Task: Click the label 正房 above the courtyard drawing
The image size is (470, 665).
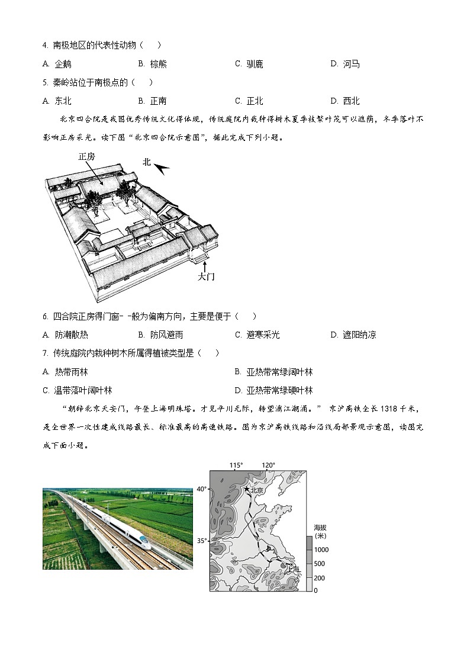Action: coord(86,157)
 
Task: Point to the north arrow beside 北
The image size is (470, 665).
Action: coord(162,169)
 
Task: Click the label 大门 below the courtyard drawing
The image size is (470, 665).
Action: coord(206,277)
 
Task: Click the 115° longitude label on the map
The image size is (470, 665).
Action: coord(236,465)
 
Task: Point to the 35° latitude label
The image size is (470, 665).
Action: coord(201,541)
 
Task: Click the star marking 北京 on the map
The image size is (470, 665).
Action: coord(246,489)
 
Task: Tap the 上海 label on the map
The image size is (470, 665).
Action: coord(292,570)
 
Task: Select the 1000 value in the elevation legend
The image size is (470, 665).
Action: coord(321,550)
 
